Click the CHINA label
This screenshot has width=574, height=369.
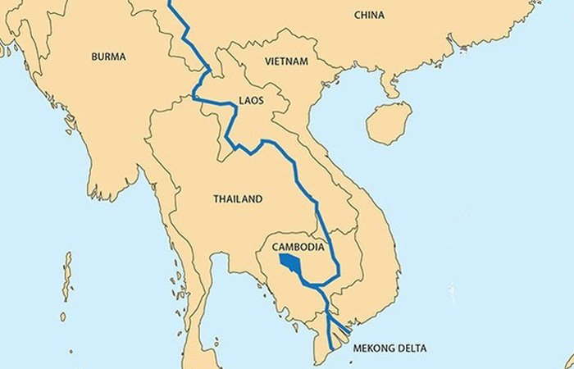pos(370,15)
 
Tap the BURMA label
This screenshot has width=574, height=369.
pos(109,57)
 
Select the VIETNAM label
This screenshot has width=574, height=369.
pos(287,61)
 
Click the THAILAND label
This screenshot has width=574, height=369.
pos(238,198)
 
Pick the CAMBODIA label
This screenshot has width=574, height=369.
pos(299,247)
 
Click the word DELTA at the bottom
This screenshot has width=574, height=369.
pos(422,348)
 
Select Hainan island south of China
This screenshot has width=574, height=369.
pos(388,123)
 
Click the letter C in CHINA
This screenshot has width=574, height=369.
pos(358,15)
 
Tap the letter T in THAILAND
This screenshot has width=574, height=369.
pos(216,198)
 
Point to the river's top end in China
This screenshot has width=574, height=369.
pos(171,2)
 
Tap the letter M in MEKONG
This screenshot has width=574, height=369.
pos(357,348)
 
